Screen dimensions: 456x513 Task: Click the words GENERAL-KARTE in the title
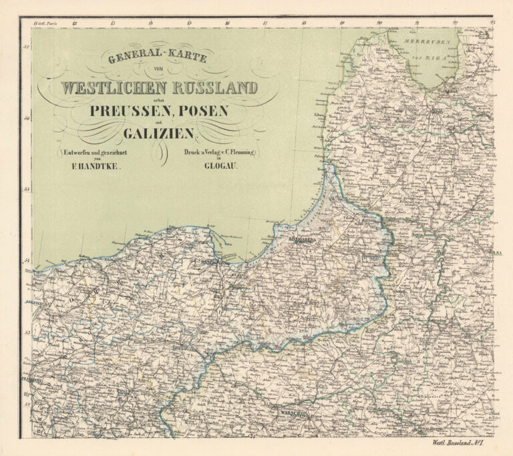tap(158, 59)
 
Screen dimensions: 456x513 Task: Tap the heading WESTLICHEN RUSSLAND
tap(158, 87)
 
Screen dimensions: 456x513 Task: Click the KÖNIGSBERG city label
tap(302, 237)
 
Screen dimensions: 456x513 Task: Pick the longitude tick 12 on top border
tap(75, 23)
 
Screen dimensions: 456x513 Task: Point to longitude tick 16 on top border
tap(227, 23)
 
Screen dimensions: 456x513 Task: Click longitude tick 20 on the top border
tap(379, 23)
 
